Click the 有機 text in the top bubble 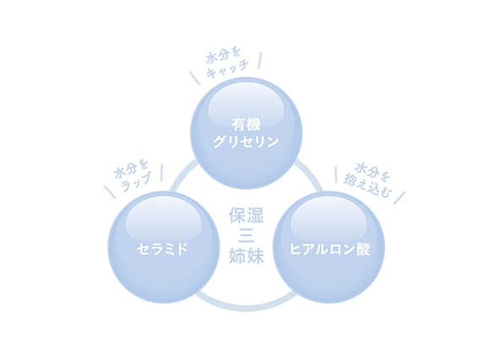coord(246,124)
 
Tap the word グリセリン coord(246,142)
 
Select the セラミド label coord(163,249)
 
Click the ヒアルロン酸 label coord(329,249)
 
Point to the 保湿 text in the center coord(247,215)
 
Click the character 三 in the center coord(247,236)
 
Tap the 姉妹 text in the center coord(247,256)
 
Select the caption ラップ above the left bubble coord(136,182)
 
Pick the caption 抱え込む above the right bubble coord(367,188)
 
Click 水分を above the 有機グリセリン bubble coord(223,55)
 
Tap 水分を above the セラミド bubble coord(131,169)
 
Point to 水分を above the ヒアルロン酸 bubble coord(372,171)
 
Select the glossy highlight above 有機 coord(247,105)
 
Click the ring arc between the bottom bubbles coord(246,308)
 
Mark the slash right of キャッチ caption coord(259,60)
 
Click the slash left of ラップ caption coord(110,192)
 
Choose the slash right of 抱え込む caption coord(399,198)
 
